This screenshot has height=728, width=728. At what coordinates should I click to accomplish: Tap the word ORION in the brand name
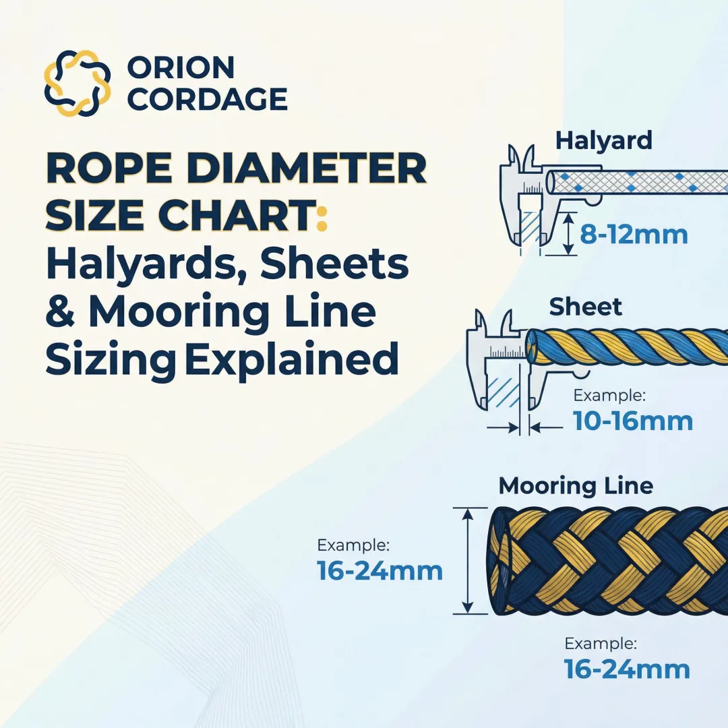(x=181, y=67)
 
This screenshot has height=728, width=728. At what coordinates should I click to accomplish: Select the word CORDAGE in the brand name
(x=207, y=99)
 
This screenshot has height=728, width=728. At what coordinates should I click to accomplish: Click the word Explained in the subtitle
(x=291, y=360)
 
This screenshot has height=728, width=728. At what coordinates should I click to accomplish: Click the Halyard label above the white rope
(x=603, y=141)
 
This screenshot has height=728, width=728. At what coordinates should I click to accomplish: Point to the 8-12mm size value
(x=634, y=235)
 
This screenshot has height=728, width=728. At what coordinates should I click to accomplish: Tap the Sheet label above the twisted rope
(x=585, y=307)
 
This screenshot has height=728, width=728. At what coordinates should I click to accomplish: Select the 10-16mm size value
(x=633, y=421)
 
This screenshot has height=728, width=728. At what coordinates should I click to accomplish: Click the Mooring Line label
(x=576, y=485)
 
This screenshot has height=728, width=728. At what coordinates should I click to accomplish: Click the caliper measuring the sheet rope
(x=502, y=364)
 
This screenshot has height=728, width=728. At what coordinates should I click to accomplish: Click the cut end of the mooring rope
(x=500, y=561)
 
